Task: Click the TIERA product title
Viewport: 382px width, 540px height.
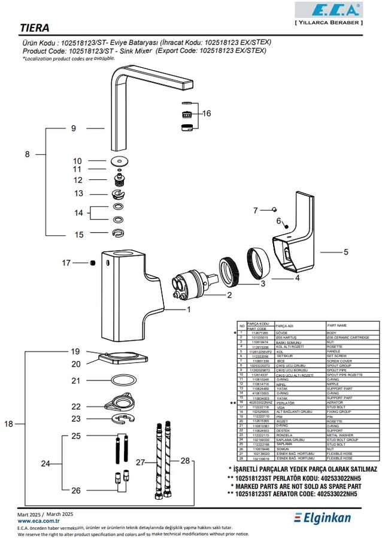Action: click(x=35, y=28)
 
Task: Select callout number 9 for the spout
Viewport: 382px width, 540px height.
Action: click(x=74, y=128)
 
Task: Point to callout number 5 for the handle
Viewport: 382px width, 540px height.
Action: click(x=345, y=253)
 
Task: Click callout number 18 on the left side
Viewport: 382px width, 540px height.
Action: click(x=8, y=424)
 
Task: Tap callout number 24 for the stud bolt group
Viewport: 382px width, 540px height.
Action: click(x=45, y=463)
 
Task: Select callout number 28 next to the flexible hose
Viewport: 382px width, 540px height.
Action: click(x=184, y=461)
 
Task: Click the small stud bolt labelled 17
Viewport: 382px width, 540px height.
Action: click(x=93, y=262)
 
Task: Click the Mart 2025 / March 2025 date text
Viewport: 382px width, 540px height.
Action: click(x=46, y=515)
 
